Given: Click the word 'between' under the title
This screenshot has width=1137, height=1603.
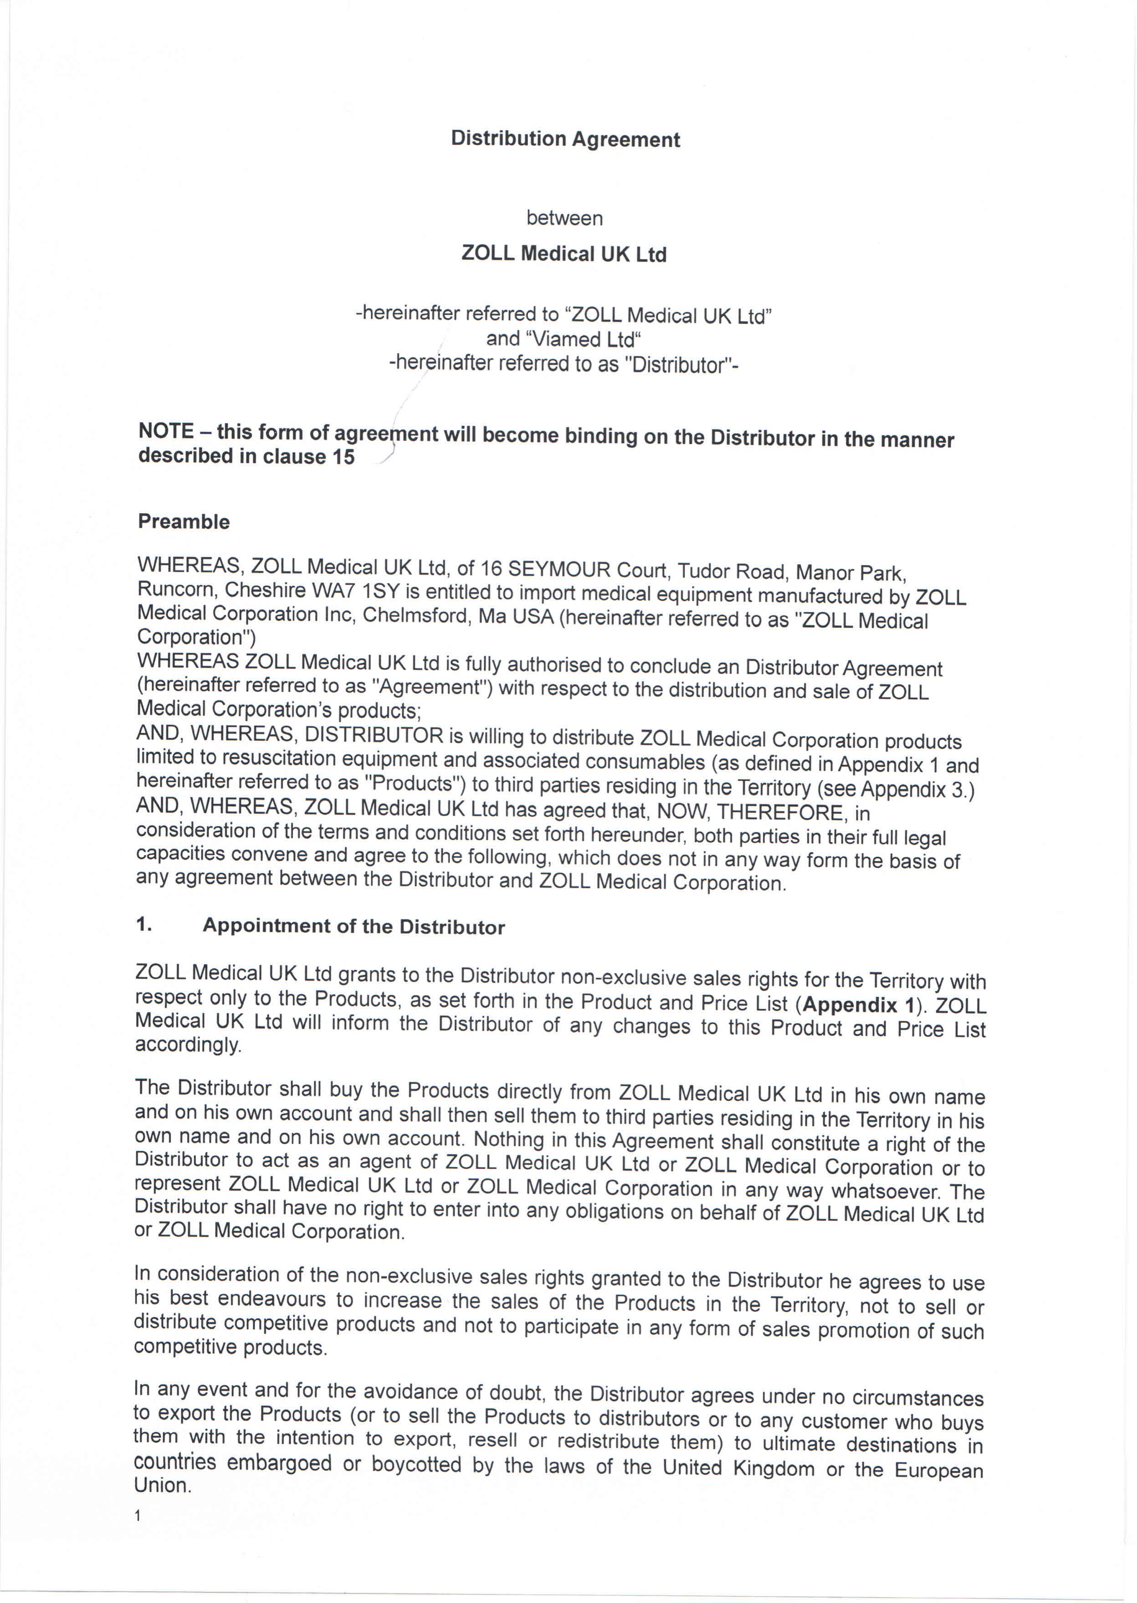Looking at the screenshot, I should click(x=564, y=218).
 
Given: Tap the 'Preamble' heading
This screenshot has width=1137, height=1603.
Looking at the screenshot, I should click(x=184, y=522).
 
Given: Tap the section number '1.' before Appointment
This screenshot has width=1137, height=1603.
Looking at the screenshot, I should click(x=143, y=925).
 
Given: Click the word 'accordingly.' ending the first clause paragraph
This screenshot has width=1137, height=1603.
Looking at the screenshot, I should click(x=188, y=1045).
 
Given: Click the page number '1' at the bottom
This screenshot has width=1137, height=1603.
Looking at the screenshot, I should click(x=138, y=1516).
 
